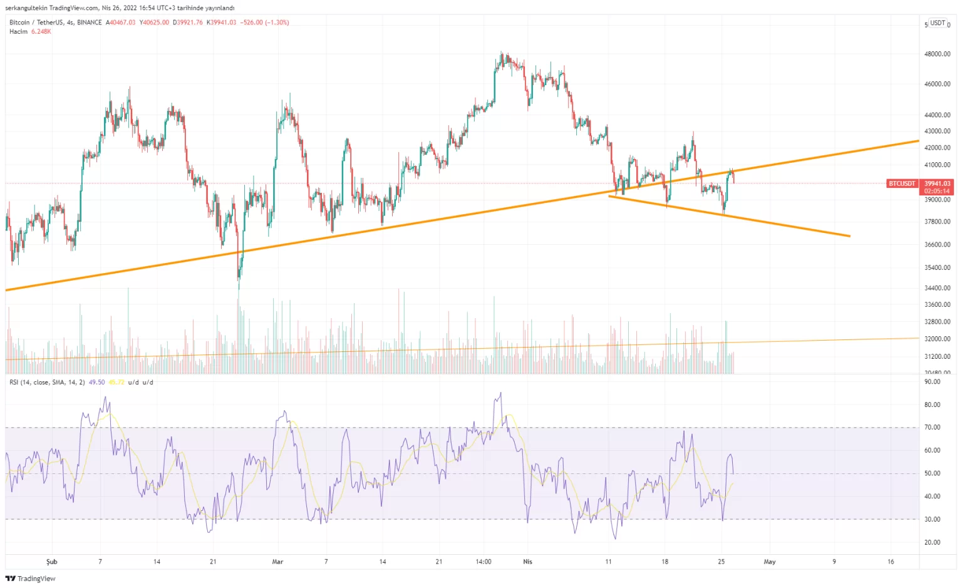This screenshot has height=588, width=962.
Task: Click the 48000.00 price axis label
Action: (x=937, y=54)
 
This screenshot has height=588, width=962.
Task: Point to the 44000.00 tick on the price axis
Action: (x=937, y=115)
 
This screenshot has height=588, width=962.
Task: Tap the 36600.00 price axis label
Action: (x=937, y=245)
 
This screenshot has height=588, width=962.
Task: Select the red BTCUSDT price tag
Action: (x=902, y=183)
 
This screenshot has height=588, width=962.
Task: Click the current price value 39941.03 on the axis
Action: (x=937, y=183)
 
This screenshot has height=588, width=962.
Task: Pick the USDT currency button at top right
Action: (x=938, y=23)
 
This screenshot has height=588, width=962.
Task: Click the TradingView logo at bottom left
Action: (x=30, y=579)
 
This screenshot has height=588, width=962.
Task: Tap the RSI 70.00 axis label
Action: (x=932, y=427)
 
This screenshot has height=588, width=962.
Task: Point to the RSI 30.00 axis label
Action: (x=932, y=519)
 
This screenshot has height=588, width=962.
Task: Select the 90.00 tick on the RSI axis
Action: (x=932, y=381)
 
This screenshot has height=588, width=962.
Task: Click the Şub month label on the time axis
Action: (x=52, y=562)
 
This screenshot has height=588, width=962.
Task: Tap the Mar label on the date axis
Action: (x=277, y=562)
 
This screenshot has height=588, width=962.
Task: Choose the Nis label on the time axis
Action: (x=527, y=562)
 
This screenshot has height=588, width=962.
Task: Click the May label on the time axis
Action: (x=769, y=562)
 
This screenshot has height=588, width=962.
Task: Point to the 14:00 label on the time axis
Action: (x=484, y=562)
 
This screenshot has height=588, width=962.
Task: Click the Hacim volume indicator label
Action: (x=18, y=31)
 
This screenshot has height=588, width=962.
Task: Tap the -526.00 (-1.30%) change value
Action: (x=264, y=23)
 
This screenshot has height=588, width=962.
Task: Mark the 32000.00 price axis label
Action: (x=937, y=339)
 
